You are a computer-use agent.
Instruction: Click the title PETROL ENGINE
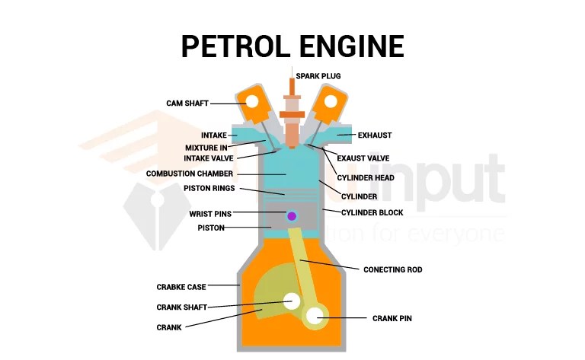[x=292, y=46]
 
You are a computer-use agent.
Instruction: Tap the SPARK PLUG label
[x=318, y=76]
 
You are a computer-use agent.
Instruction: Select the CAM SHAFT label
[x=187, y=103]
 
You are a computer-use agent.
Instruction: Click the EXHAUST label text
[x=374, y=135]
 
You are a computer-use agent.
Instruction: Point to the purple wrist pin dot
[x=292, y=216]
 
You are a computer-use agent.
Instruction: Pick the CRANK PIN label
[x=392, y=318]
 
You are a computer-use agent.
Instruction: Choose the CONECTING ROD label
[x=392, y=269]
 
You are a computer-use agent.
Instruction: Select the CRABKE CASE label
[x=181, y=287]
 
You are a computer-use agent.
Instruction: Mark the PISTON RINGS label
[x=209, y=188]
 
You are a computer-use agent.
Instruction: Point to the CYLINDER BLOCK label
[x=372, y=212]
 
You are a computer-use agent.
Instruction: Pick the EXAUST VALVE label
[x=363, y=158]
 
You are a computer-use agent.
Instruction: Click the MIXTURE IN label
[x=206, y=148]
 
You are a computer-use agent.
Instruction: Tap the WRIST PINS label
[x=210, y=214]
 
